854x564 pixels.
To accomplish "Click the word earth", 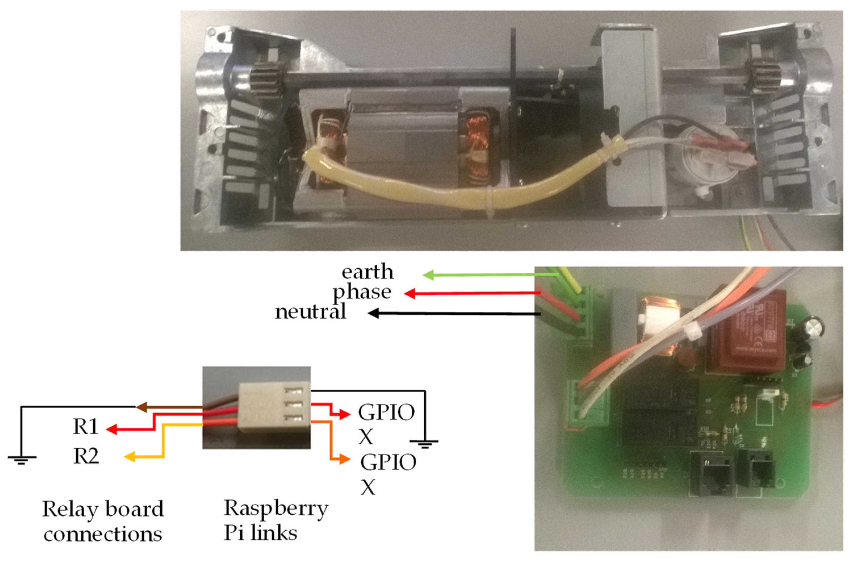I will coord(367,272).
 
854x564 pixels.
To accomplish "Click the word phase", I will coord(362,293).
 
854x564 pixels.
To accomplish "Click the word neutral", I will coord(310,312).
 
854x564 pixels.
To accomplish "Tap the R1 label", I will coord(85,427).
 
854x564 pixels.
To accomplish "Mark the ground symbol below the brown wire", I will coord(22,460).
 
